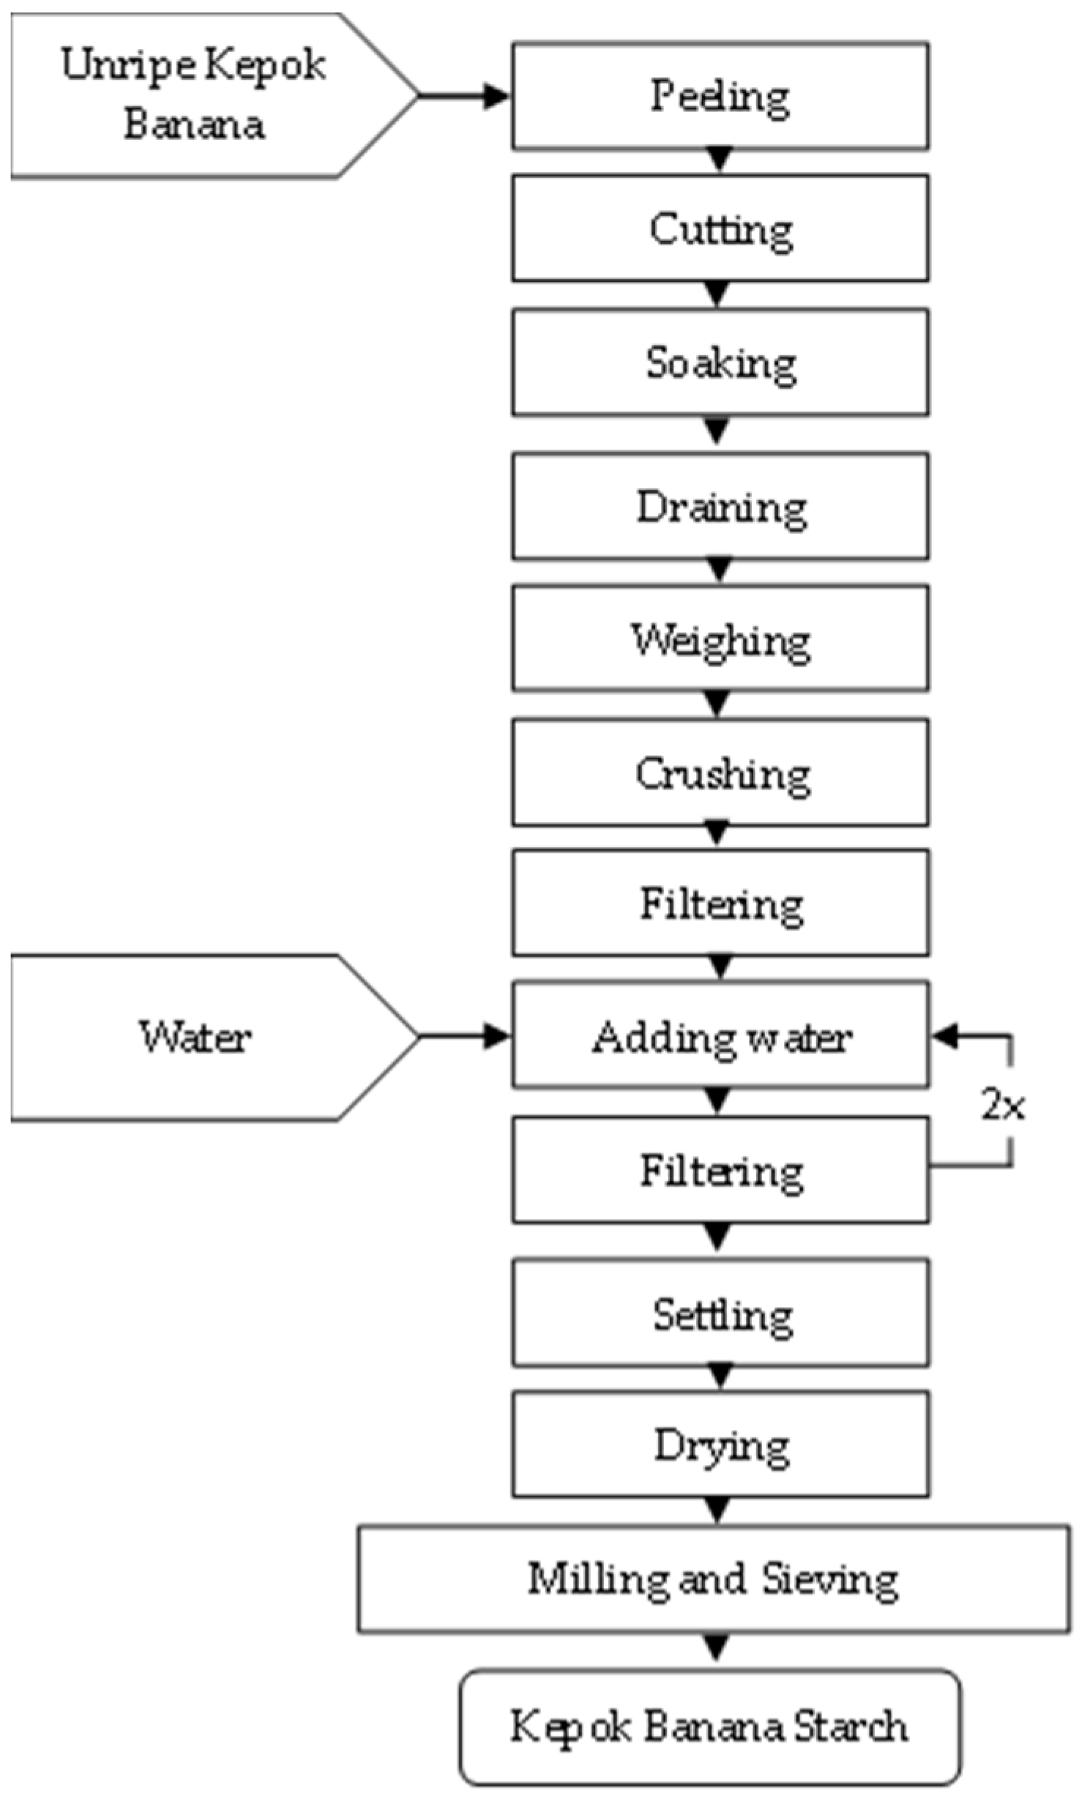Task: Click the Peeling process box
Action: click(x=720, y=96)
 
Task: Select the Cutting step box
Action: click(x=720, y=228)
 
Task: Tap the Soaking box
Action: click(x=720, y=363)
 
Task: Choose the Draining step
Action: click(x=720, y=507)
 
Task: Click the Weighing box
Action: click(x=720, y=639)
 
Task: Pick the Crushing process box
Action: click(x=720, y=773)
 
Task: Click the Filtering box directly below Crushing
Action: click(x=720, y=903)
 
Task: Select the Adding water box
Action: click(x=720, y=1036)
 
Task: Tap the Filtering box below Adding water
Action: click(x=720, y=1170)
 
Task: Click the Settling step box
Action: click(x=720, y=1314)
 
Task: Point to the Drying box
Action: click(x=720, y=1445)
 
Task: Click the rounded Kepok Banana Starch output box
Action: click(x=710, y=1726)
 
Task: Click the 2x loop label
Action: click(x=1002, y=1105)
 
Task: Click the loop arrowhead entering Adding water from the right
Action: click(x=945, y=1036)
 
